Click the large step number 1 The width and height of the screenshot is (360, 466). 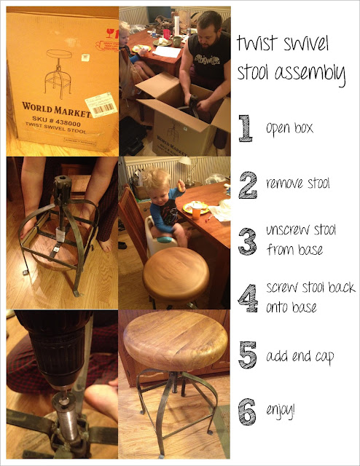point(246,128)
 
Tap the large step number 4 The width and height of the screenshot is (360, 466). point(248,298)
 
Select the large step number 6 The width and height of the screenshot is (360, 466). point(247,411)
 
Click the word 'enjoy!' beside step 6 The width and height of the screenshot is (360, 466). point(281,411)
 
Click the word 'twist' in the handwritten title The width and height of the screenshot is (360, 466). point(257,43)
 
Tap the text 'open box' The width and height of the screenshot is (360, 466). point(289,128)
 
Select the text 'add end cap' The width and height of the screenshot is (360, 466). point(300,356)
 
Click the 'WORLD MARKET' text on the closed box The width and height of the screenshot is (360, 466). point(56,109)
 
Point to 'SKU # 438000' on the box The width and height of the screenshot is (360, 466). point(57,121)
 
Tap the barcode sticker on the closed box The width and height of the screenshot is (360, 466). point(101,105)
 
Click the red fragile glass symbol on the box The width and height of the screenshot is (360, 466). point(110,33)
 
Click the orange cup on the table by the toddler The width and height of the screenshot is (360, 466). point(196,211)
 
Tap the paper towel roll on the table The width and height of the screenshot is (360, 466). point(177,25)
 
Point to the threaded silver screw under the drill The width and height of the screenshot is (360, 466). point(66,422)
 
